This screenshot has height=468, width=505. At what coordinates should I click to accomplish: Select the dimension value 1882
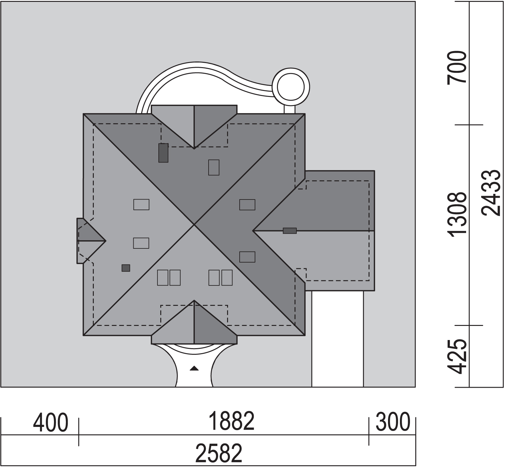pyautogui.click(x=232, y=421)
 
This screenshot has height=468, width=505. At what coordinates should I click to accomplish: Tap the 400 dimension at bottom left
pyautogui.click(x=50, y=423)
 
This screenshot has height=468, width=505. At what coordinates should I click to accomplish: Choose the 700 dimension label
pyautogui.click(x=457, y=67)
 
